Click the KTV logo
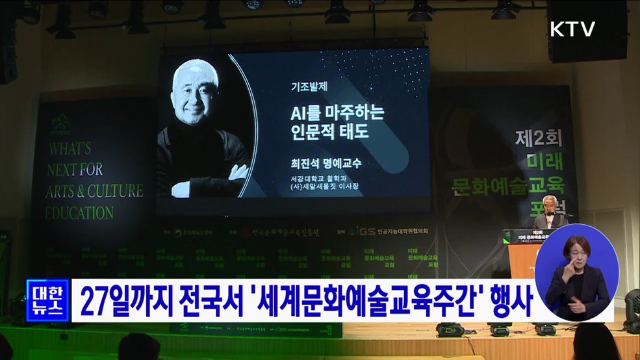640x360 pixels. pyautogui.click(x=572, y=29)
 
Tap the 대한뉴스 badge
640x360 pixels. pyautogui.click(x=47, y=300)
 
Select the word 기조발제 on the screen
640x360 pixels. pyautogui.click(x=308, y=85)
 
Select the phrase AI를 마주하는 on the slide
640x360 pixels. pyautogui.click(x=337, y=112)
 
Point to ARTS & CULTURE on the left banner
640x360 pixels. pyautogui.click(x=95, y=191)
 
